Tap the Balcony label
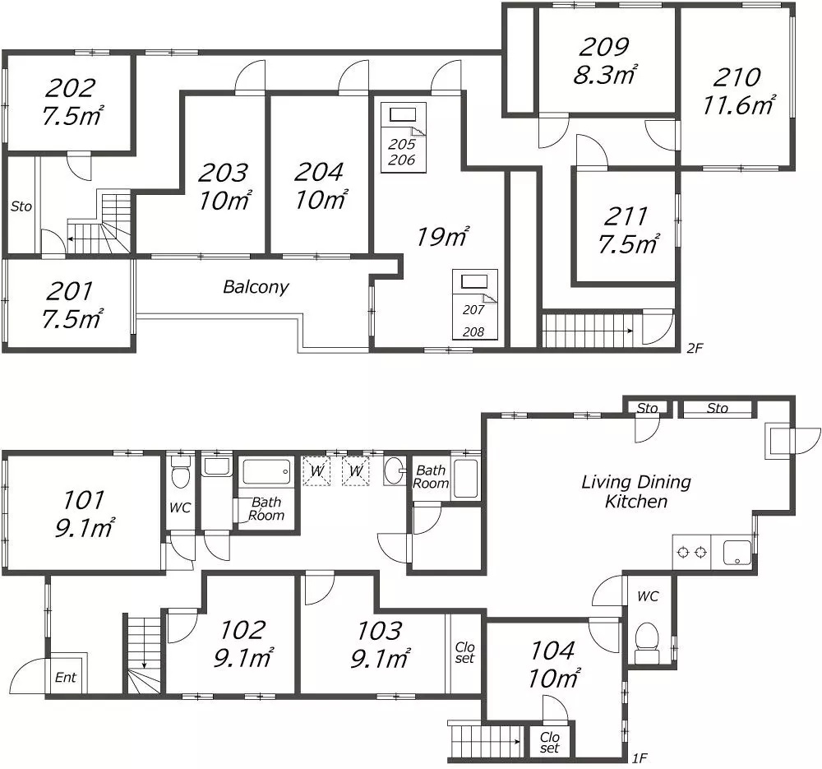click(x=256, y=287)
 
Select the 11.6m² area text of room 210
click(x=739, y=104)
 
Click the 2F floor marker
click(x=695, y=348)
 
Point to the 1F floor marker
click(x=640, y=757)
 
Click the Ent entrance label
click(x=65, y=678)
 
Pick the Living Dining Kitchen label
click(x=635, y=491)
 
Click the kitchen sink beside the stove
click(x=737, y=552)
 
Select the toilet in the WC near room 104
click(x=648, y=640)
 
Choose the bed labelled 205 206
click(x=403, y=137)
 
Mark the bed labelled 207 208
click(x=474, y=304)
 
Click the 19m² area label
click(x=442, y=238)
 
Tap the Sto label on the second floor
click(x=21, y=206)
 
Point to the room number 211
click(x=626, y=216)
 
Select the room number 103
click(x=380, y=630)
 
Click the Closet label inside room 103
click(x=464, y=652)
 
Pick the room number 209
click(x=605, y=47)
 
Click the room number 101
click(x=84, y=499)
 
